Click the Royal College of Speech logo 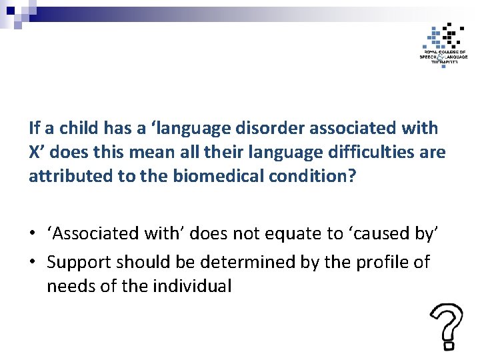click(x=443, y=43)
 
